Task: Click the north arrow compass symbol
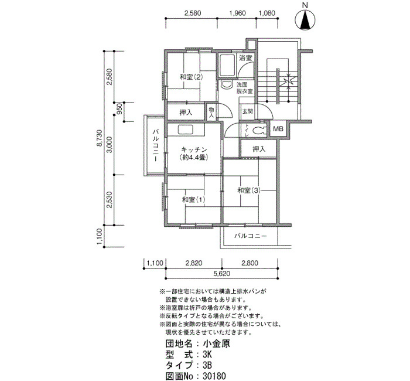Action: click(x=305, y=19)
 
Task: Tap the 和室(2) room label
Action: click(x=191, y=77)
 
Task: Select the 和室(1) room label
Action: click(x=193, y=200)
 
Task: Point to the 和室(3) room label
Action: click(x=249, y=190)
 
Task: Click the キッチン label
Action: click(x=194, y=149)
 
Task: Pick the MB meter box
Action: click(x=278, y=129)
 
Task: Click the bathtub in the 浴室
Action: click(x=227, y=66)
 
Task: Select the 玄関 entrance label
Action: click(x=247, y=111)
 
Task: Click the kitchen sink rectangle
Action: click(x=186, y=130)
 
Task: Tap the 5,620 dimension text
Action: click(x=222, y=274)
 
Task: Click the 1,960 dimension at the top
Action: click(x=237, y=13)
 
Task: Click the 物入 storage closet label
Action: click(x=211, y=112)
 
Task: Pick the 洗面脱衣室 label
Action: click(x=245, y=88)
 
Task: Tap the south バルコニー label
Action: click(x=250, y=236)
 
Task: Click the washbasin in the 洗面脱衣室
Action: click(x=227, y=85)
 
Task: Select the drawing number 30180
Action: click(x=214, y=376)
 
